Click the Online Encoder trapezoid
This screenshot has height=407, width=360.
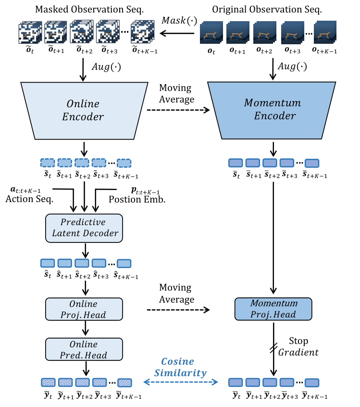pyautogui.click(x=84, y=111)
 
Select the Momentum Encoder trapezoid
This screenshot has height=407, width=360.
pyautogui.click(x=272, y=110)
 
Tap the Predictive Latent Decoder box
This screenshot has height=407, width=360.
pyautogui.click(x=84, y=228)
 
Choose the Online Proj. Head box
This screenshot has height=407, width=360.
pyautogui.click(x=84, y=309)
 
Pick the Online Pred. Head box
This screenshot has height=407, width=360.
pyautogui.click(x=84, y=349)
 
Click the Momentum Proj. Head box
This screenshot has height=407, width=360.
pyautogui.click(x=273, y=309)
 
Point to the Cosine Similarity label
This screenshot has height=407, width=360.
pyautogui.click(x=181, y=367)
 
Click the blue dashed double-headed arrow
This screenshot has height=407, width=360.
pyautogui.click(x=181, y=382)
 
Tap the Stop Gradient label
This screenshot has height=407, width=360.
pyautogui.click(x=298, y=346)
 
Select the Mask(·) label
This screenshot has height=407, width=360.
pyautogui.click(x=179, y=21)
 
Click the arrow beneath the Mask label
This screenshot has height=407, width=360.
pyautogui.click(x=177, y=33)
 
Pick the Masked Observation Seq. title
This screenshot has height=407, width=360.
pyautogui.click(x=89, y=9)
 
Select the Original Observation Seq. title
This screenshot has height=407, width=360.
pyautogui.click(x=267, y=9)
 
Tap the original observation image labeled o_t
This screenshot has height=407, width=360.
pyautogui.click(x=211, y=32)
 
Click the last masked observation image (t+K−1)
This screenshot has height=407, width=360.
pyautogui.click(x=143, y=32)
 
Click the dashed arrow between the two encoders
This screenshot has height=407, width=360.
pyautogui.click(x=178, y=110)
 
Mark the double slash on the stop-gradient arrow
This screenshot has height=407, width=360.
pyautogui.click(x=273, y=348)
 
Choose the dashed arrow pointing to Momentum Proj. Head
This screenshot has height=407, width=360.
pyautogui.click(x=178, y=310)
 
